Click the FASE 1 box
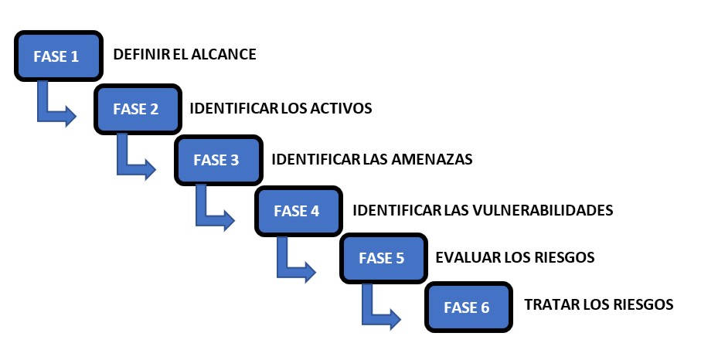point(56,56)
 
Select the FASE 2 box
point(136,109)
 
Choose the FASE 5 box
point(382,259)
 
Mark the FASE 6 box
point(467,307)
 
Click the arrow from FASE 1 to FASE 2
point(53,108)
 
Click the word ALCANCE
point(225,55)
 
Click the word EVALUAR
point(461,257)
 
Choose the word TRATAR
point(548,304)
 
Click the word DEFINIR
point(138,55)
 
